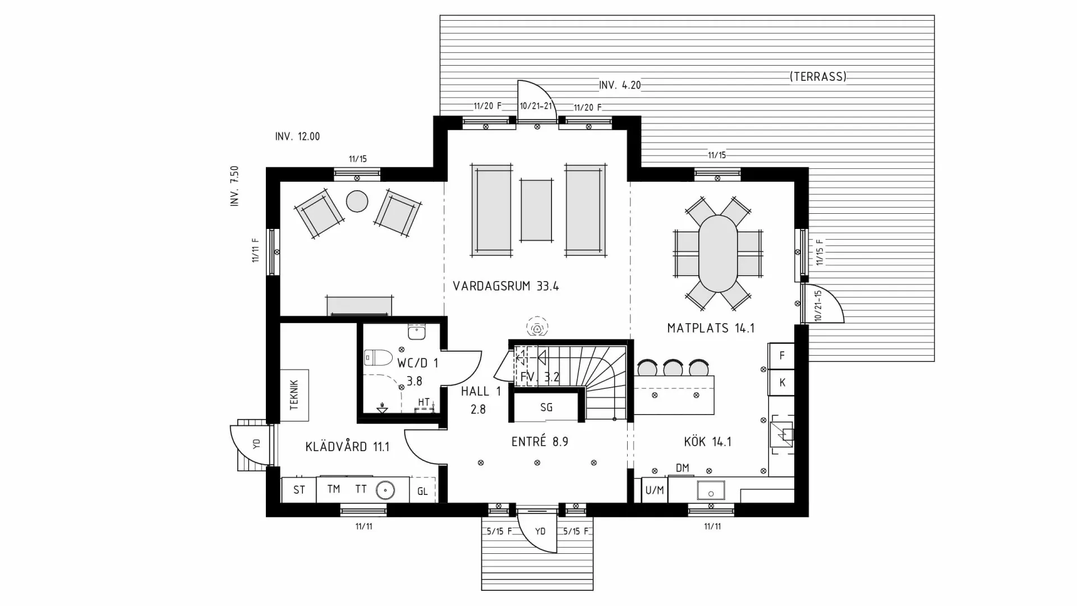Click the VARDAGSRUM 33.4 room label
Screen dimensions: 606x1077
(x=505, y=286)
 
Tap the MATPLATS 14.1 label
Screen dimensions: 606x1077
(x=710, y=328)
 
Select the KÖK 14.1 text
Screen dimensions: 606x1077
(x=707, y=442)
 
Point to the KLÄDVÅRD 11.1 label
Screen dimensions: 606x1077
(x=347, y=447)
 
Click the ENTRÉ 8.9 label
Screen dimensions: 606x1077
(x=540, y=442)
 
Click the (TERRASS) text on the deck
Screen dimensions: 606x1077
(x=818, y=77)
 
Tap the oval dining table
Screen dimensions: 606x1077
(x=718, y=254)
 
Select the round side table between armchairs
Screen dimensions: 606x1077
(x=357, y=201)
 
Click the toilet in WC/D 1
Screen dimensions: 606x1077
(x=378, y=357)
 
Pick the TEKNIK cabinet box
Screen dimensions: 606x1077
(x=294, y=395)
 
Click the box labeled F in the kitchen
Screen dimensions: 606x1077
(x=781, y=356)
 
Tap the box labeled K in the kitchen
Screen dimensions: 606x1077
(x=781, y=383)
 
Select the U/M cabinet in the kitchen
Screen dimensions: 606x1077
(x=654, y=490)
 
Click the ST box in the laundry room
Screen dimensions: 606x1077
(x=299, y=490)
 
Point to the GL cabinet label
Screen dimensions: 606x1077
(x=422, y=492)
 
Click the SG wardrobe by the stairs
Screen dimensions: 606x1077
(x=546, y=407)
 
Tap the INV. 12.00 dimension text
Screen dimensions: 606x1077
(x=297, y=136)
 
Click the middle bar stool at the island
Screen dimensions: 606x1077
(x=673, y=368)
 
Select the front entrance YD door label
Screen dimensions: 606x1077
(x=540, y=531)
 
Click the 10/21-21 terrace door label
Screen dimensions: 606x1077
(x=536, y=106)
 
